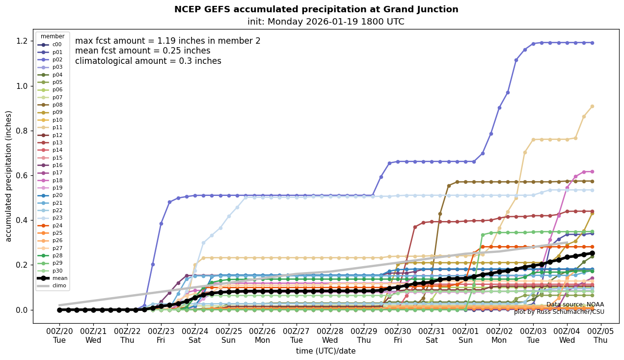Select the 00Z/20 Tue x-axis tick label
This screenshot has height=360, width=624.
59,335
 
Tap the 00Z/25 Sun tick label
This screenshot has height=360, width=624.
229,335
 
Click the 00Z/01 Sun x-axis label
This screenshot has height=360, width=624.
465,335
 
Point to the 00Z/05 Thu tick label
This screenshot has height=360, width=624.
600,335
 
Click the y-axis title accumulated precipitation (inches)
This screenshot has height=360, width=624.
9,176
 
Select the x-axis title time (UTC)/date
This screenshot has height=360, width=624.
326,351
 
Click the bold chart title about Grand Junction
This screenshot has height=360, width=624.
316,9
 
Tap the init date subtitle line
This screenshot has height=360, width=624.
326,22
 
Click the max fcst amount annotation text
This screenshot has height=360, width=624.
167,41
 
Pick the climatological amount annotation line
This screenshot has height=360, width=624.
148,61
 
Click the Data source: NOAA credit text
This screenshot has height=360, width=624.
575,305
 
